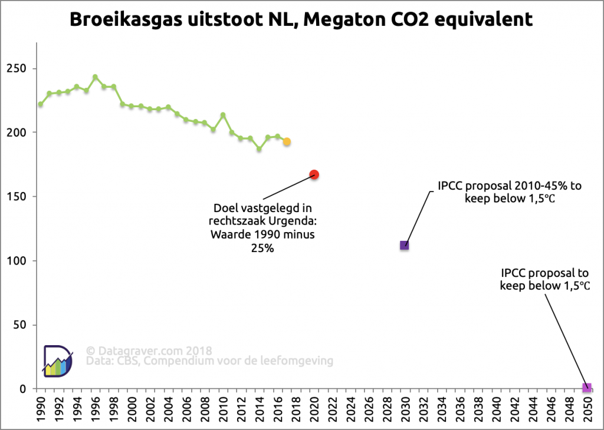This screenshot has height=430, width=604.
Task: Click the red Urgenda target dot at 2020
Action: click(314, 174)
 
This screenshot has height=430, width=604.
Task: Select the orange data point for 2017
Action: click(287, 142)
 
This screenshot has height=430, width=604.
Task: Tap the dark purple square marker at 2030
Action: click(405, 245)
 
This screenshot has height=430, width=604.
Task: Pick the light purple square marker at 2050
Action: click(586, 388)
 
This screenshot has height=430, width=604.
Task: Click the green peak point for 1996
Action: click(95, 77)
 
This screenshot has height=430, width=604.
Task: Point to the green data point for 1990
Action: click(40, 104)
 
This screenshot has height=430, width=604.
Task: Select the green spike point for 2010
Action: click(223, 115)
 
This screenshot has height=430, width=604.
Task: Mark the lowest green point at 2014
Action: click(259, 149)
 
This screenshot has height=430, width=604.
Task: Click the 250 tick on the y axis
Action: click(19, 68)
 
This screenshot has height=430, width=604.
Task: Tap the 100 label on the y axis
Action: click(19, 261)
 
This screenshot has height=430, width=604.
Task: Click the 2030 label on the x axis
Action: click(405, 406)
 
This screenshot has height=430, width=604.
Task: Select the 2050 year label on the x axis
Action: click(587, 406)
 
